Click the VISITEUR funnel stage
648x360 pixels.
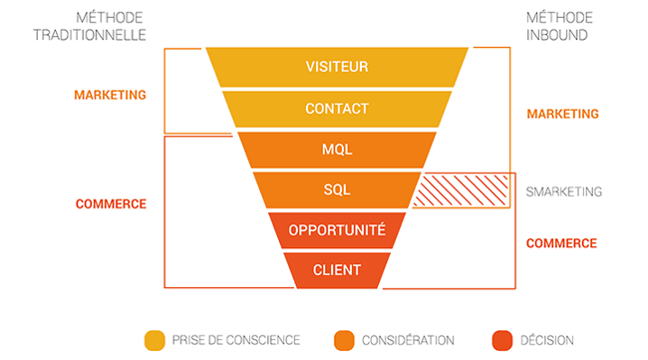point(337,67)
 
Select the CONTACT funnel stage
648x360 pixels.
point(337,108)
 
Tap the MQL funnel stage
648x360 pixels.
point(337,150)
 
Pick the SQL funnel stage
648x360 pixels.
point(337,189)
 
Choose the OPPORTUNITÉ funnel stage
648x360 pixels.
point(337,230)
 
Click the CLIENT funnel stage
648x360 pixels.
point(337,269)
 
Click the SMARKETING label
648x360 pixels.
point(565,191)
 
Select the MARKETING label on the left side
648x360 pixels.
point(110,95)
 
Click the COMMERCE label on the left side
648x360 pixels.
point(111,203)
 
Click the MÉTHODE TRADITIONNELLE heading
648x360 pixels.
point(110,26)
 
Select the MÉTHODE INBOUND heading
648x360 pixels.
point(557,26)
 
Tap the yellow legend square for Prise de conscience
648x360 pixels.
point(155,339)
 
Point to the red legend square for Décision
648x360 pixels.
point(501,339)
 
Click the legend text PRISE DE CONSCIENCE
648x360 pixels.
point(235,340)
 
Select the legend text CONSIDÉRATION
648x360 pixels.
point(409,340)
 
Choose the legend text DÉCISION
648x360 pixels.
point(546,340)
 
